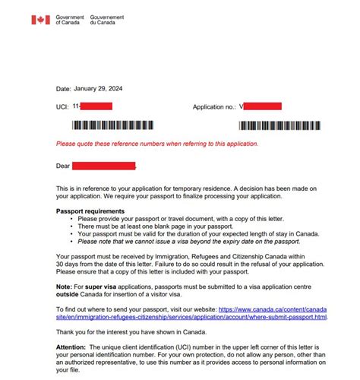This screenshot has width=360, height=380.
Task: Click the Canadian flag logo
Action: click(x=40, y=20)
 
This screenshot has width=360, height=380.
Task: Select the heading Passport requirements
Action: click(x=90, y=211)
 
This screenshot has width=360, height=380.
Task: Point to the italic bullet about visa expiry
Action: click(x=194, y=241)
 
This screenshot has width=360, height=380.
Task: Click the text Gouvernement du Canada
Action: click(x=106, y=20)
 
